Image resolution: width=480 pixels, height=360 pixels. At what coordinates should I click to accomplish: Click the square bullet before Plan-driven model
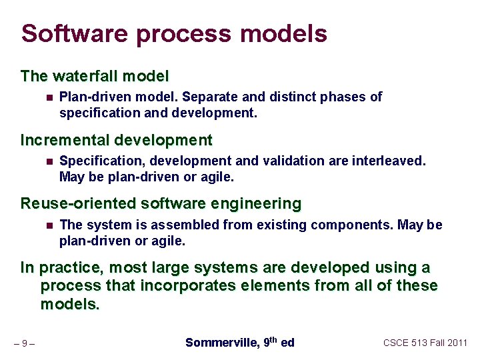tap(49, 97)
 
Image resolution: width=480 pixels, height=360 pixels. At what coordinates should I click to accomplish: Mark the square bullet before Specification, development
tap(49, 161)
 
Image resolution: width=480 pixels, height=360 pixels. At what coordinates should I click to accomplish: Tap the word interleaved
tap(389, 161)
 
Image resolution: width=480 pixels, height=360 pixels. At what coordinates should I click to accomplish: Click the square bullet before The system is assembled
tap(49, 225)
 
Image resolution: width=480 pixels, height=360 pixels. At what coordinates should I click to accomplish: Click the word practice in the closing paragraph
tap(71, 268)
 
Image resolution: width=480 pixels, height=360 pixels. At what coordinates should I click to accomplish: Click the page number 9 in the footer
tap(24, 344)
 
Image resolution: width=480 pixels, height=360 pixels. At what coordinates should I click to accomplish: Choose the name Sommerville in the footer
tap(220, 343)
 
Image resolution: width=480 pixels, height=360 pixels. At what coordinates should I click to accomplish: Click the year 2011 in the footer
tap(457, 343)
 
